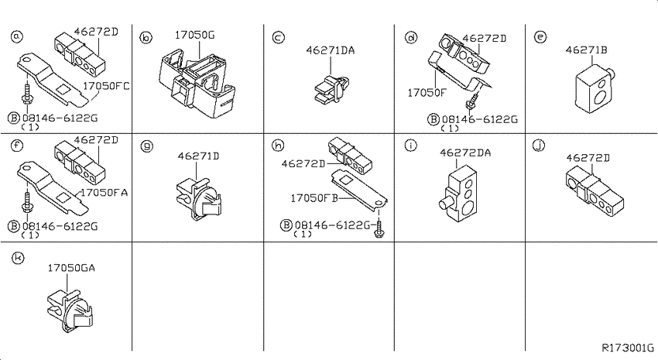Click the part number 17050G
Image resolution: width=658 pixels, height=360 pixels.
[x=194, y=36]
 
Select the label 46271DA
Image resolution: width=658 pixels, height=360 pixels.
[x=331, y=51]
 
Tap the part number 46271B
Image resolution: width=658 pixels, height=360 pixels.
[x=586, y=50]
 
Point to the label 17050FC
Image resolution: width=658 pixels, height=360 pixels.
[x=106, y=86]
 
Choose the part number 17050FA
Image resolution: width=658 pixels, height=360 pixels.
[x=104, y=193]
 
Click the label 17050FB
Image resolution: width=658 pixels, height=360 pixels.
[x=314, y=198]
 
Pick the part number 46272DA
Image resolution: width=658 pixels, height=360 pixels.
[x=465, y=153]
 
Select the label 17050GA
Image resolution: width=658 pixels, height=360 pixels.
[x=71, y=268]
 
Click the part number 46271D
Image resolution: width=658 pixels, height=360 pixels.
[x=198, y=156]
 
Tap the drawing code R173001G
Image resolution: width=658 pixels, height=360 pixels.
[x=628, y=348]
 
